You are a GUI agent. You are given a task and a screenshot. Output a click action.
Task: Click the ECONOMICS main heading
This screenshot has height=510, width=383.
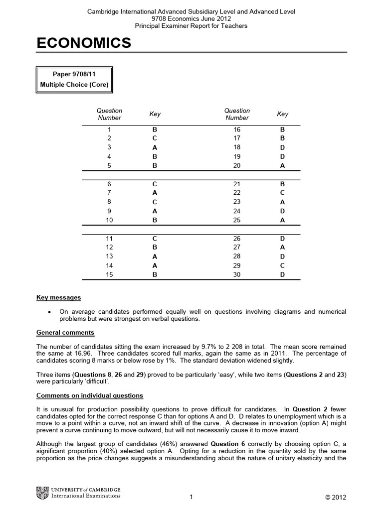coord(84,44)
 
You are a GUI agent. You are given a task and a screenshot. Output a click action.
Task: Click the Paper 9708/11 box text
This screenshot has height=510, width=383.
coord(74,75)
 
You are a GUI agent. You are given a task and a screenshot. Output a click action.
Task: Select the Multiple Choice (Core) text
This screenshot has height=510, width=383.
coord(74,84)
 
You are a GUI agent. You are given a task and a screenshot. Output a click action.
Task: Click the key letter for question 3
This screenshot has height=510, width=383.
coord(155,147)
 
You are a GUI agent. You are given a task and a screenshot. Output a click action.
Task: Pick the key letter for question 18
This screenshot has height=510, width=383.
coord(282,147)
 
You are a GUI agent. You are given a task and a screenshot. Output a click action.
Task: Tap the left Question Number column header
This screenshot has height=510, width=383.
coord(109,114)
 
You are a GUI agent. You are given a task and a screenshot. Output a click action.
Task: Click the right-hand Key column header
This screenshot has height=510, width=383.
coord(282,114)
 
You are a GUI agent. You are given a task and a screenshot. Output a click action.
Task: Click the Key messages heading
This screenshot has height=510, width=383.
coord(58,298)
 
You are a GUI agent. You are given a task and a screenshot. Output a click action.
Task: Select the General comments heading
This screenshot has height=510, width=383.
coord(65,333)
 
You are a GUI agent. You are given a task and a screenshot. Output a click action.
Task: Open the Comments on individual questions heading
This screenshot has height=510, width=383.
coord(90,396)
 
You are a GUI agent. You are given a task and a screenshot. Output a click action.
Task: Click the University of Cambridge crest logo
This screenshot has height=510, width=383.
coord(42,493)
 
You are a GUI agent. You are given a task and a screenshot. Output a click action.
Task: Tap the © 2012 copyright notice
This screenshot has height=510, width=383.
coord(335,498)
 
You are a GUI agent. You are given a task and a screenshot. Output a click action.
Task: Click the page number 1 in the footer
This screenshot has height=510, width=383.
coord(191,497)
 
